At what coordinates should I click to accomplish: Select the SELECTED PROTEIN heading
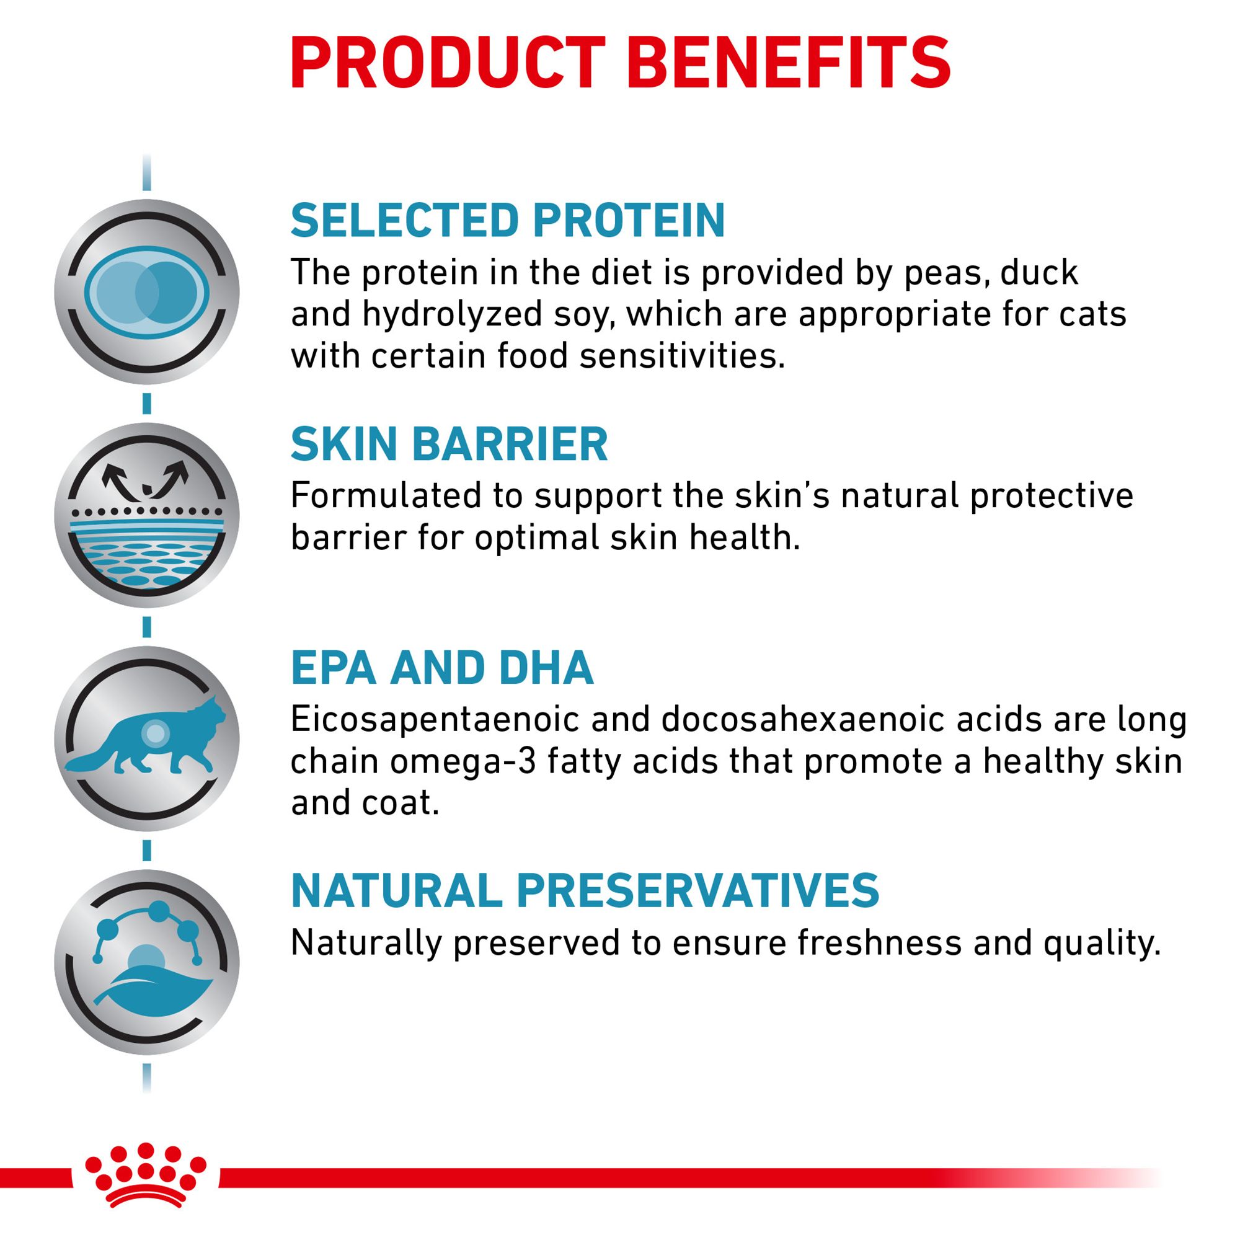coord(508,220)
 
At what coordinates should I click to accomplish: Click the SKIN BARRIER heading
coord(449,443)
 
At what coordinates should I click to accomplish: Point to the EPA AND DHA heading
coord(442,668)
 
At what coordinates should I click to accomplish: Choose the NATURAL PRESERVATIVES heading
coord(585,890)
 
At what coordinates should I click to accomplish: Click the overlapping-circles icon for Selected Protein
coord(147,292)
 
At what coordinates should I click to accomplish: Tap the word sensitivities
coord(683,356)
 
